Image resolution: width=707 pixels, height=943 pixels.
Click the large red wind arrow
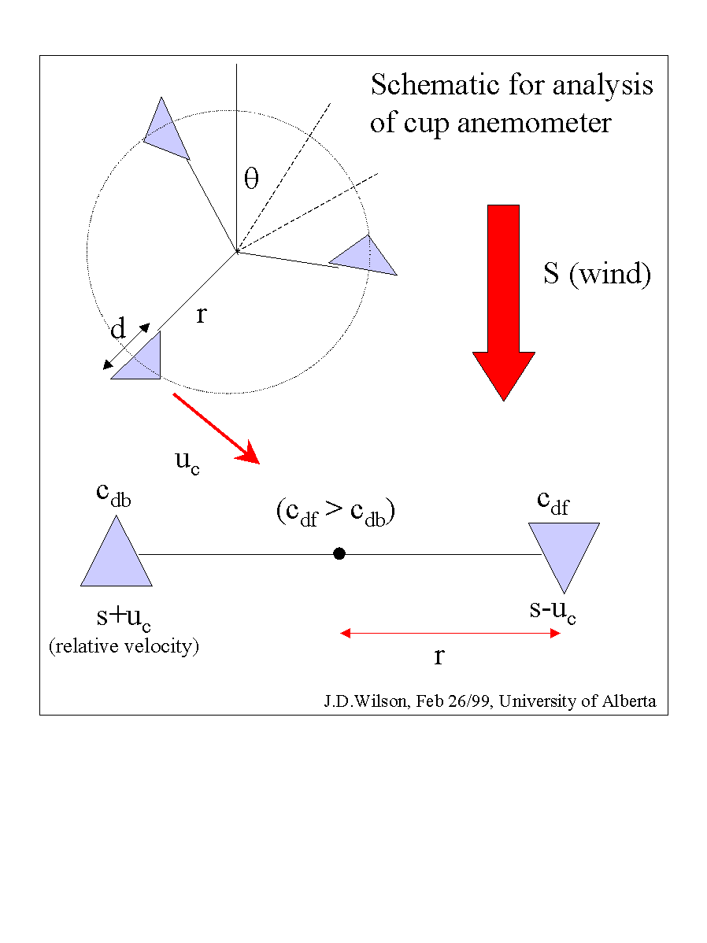click(504, 301)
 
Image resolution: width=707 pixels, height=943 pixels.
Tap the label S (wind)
click(597, 274)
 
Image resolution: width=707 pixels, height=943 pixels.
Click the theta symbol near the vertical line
click(251, 178)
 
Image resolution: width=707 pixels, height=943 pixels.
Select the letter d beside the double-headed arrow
click(118, 328)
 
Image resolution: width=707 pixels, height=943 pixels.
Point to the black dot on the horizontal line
click(339, 553)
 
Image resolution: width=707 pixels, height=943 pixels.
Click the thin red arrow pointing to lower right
click(217, 429)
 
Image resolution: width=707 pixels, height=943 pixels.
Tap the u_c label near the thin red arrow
click(187, 462)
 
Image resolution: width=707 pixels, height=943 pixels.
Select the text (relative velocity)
click(124, 646)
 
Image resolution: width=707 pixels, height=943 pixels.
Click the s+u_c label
click(124, 618)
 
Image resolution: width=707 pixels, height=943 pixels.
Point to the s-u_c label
click(553, 612)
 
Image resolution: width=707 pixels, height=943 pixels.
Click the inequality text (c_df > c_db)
click(335, 512)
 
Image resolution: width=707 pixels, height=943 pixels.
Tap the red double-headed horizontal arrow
click(450, 633)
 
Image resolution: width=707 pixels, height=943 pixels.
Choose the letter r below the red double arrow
click(439, 656)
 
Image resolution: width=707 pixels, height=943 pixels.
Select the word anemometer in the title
click(534, 124)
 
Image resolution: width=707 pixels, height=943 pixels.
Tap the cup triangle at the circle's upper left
click(165, 133)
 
